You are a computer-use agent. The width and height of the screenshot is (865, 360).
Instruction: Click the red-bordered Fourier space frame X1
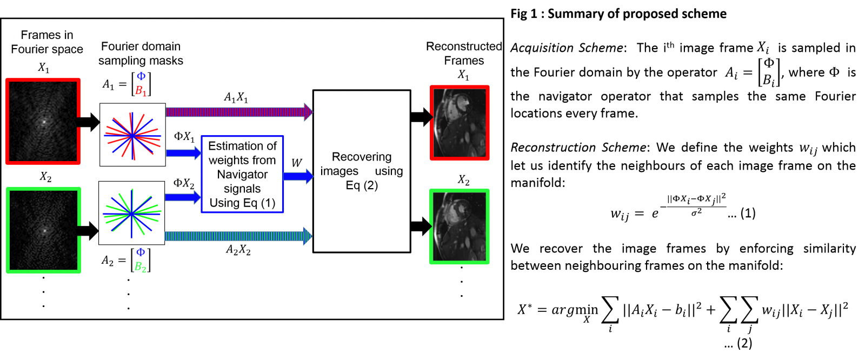click(x=43, y=121)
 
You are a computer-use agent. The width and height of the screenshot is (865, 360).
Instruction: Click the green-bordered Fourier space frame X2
click(x=43, y=230)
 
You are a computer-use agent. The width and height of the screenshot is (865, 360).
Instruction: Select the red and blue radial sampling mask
click(x=132, y=135)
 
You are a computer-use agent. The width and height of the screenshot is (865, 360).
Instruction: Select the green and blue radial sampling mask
click(x=131, y=213)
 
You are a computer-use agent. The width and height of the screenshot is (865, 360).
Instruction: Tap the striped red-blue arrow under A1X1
click(x=238, y=112)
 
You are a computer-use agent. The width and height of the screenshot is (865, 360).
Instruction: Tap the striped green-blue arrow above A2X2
click(x=238, y=236)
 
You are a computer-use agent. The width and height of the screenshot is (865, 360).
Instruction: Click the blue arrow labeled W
click(x=298, y=176)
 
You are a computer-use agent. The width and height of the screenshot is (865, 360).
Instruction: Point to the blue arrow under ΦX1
click(x=183, y=153)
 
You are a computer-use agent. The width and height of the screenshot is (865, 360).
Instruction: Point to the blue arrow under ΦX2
click(x=183, y=197)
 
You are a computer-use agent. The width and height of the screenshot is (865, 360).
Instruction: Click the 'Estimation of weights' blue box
click(x=242, y=174)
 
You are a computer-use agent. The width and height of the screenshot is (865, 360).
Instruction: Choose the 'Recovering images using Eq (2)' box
click(x=362, y=171)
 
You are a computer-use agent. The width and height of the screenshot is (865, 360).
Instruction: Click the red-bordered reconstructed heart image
click(x=460, y=123)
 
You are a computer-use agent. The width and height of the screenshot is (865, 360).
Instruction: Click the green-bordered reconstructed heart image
click(x=460, y=226)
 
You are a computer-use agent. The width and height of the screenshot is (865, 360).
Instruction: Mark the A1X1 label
click(x=236, y=98)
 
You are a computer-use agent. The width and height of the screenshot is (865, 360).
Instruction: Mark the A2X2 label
click(x=238, y=250)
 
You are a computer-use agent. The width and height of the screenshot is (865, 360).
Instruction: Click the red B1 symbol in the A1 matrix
click(x=141, y=91)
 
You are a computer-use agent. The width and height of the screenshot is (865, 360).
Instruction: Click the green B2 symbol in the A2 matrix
click(x=140, y=266)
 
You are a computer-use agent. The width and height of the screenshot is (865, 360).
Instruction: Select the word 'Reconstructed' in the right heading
click(x=464, y=46)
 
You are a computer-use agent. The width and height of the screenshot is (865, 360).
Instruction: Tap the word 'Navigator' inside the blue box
click(x=242, y=175)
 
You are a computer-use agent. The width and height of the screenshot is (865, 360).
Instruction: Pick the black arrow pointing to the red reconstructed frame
click(x=421, y=117)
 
